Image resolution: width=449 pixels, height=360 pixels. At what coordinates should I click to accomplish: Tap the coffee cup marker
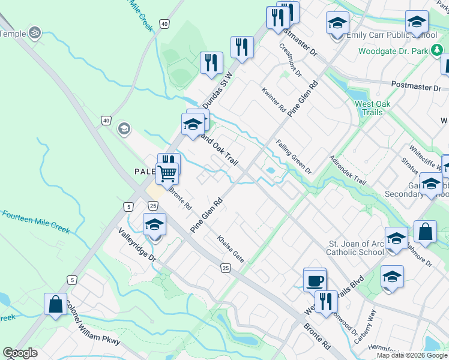[316, 281]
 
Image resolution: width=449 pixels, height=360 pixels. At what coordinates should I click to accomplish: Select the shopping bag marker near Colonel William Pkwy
[55, 304]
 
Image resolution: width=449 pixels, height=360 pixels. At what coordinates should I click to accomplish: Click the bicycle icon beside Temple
[35, 33]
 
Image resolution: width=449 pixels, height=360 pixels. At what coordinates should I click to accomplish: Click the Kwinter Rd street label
[273, 100]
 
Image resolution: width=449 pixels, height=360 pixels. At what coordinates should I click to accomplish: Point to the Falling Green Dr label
[294, 157]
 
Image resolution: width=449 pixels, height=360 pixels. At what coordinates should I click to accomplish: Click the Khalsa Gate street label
[231, 248]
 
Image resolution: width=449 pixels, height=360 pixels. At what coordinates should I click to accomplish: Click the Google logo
[20, 353]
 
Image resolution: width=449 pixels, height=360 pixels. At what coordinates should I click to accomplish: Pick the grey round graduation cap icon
[124, 129]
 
